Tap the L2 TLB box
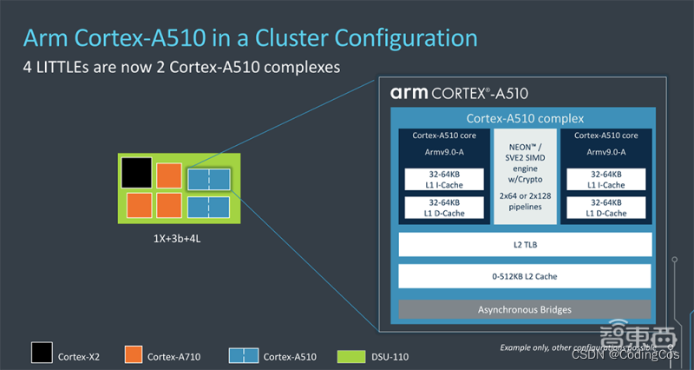point(524,245)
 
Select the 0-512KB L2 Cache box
point(524,276)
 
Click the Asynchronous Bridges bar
point(524,309)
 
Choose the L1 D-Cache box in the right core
point(606,208)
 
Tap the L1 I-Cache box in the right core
point(606,179)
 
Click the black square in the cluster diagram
point(136,173)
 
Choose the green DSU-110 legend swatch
point(353,354)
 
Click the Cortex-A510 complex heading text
point(525,118)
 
